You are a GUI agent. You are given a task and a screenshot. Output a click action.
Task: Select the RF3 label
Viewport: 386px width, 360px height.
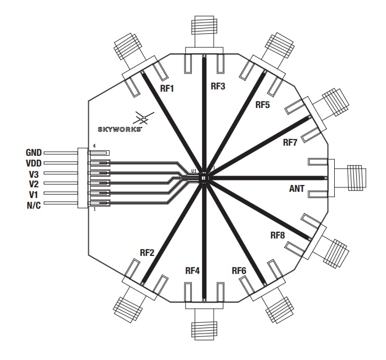click(218, 87)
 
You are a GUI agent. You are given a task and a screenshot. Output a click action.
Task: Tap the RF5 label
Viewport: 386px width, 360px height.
click(263, 105)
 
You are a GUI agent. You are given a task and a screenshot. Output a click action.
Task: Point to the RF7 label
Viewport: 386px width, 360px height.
click(290, 142)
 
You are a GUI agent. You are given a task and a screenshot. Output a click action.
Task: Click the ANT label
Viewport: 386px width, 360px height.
click(297, 189)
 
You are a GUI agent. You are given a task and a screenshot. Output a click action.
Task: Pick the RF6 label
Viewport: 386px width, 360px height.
click(239, 271)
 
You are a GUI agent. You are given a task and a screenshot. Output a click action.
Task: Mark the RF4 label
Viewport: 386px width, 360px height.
click(192, 271)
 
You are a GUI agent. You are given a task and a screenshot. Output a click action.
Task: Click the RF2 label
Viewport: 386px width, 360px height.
click(147, 253)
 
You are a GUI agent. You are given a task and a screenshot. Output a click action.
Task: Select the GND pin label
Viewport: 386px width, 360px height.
click(34, 152)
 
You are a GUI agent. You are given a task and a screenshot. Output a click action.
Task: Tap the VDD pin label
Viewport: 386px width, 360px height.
click(34, 163)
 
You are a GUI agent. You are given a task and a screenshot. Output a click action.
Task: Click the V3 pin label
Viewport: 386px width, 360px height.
click(35, 174)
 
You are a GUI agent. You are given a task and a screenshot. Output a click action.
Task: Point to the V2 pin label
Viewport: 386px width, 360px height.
click(35, 184)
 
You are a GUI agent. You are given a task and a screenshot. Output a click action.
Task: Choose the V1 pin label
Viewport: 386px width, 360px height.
click(35, 194)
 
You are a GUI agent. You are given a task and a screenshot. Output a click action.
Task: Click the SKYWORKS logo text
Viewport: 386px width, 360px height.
click(119, 129)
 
